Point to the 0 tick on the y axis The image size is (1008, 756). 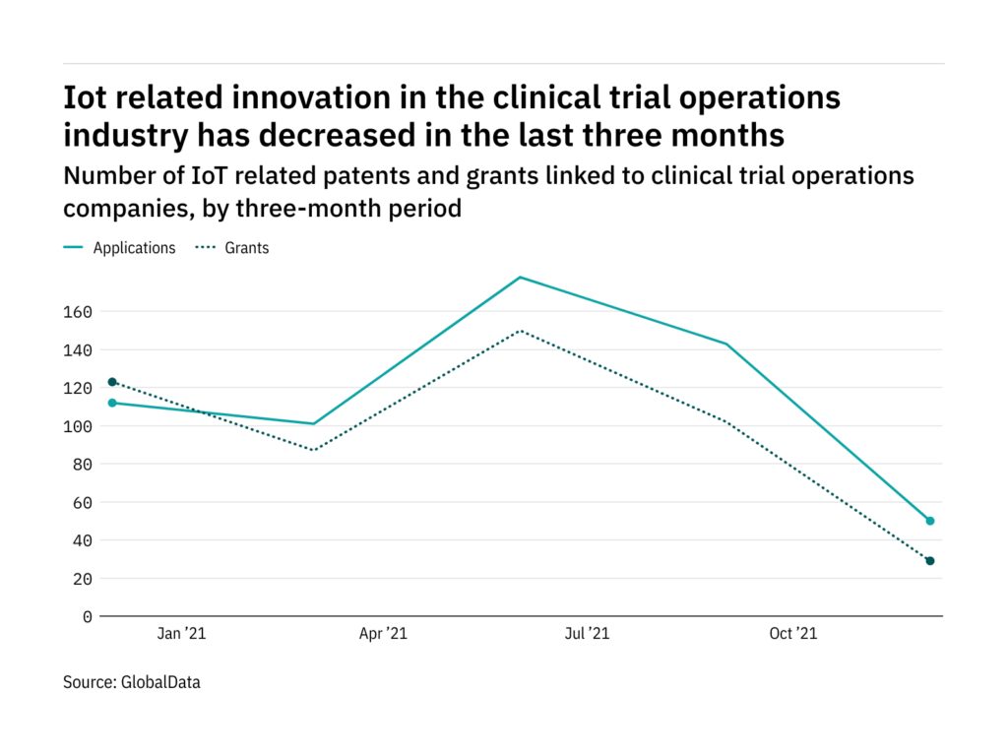[x=87, y=617]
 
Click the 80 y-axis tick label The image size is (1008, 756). [x=82, y=465]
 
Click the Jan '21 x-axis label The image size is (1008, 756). [x=181, y=634]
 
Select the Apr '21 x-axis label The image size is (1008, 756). [x=383, y=634]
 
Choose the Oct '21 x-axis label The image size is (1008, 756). [x=793, y=634]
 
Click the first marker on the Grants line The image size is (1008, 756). [x=112, y=382]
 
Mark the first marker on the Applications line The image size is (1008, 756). [x=112, y=403]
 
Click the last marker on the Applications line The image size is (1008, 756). [x=930, y=521]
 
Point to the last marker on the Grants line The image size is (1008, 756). [x=930, y=561]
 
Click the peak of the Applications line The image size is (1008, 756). [x=520, y=278]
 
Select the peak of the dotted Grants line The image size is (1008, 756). [x=520, y=331]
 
